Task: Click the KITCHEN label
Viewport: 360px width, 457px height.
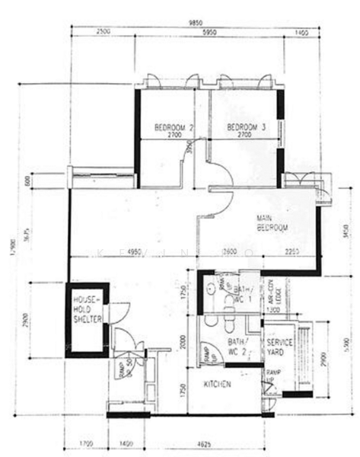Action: (x=217, y=385)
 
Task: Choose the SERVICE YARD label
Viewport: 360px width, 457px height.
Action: (x=280, y=348)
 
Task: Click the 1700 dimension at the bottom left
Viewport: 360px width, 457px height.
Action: (x=86, y=442)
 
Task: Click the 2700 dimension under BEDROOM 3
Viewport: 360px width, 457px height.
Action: (x=244, y=135)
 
